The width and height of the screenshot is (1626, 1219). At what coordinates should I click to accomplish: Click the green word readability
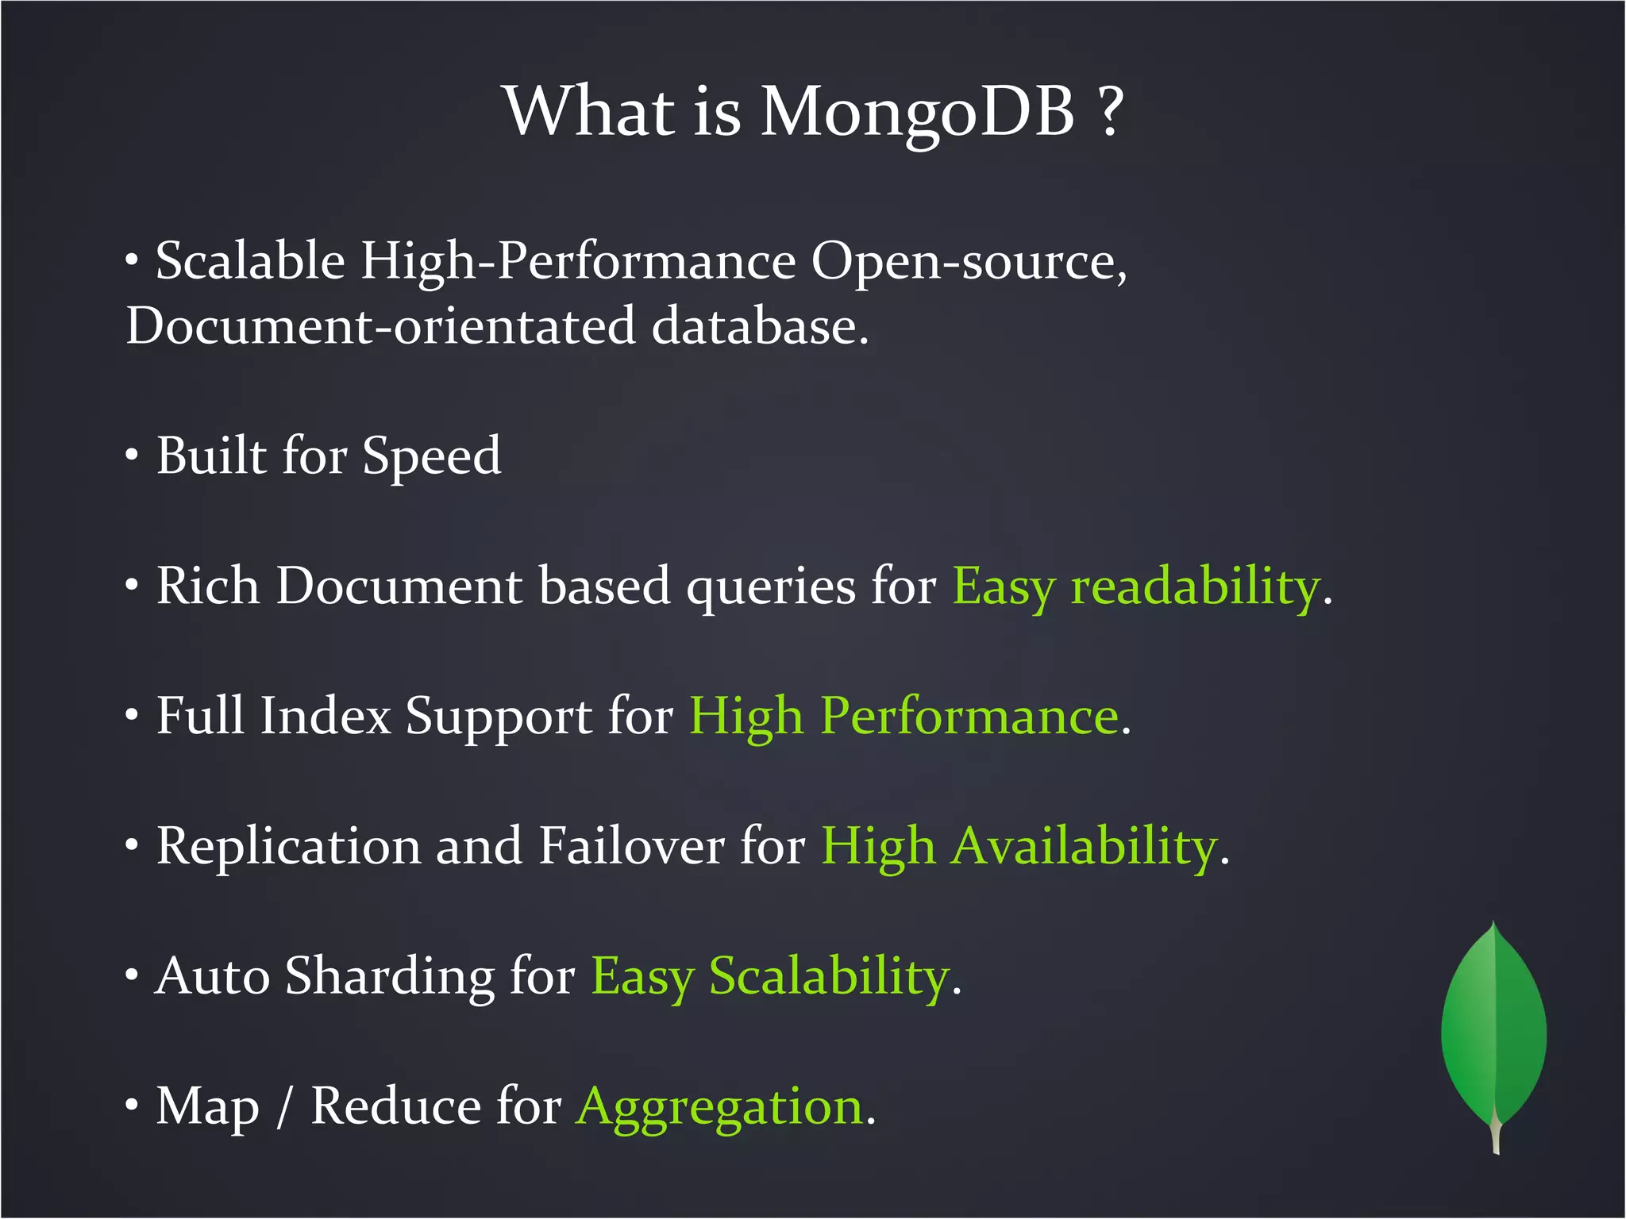pyautogui.click(x=1195, y=587)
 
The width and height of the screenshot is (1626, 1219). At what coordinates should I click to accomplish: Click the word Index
pyautogui.click(x=326, y=716)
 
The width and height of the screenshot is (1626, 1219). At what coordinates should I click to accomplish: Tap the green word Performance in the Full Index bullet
pyautogui.click(x=969, y=716)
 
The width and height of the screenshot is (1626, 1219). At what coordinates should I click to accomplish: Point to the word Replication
pyautogui.click(x=288, y=847)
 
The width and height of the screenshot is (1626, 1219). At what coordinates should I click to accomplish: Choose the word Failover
pyautogui.click(x=631, y=846)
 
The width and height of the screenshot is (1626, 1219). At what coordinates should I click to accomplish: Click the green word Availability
pyautogui.click(x=1085, y=847)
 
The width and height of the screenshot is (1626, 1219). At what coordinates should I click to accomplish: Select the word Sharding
pyautogui.click(x=390, y=976)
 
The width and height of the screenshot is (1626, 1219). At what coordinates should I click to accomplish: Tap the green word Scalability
pyautogui.click(x=829, y=976)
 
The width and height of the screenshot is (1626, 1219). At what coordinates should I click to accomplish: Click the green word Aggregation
pyautogui.click(x=720, y=1107)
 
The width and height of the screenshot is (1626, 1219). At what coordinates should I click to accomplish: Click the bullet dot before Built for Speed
pyautogui.click(x=132, y=456)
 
